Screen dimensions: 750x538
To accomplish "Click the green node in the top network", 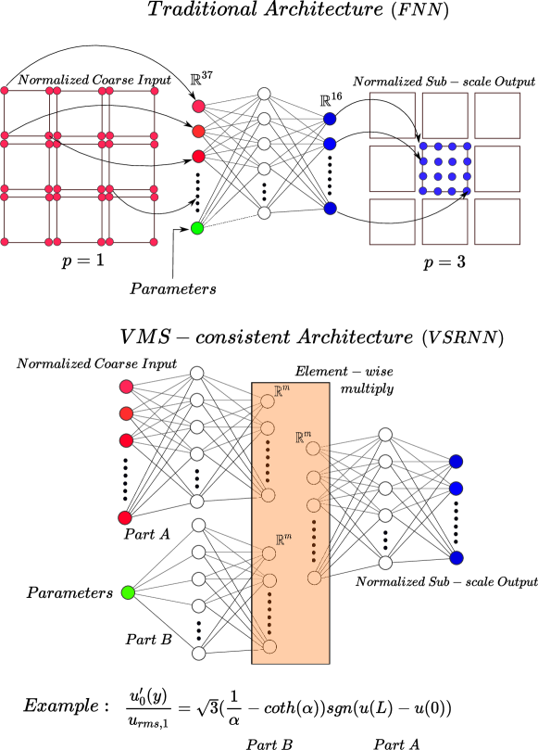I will [197, 228].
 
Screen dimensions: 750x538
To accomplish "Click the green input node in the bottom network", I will [128, 592].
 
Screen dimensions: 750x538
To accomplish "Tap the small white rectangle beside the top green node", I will [231, 221].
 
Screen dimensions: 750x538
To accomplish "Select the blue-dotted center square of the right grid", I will [445, 168].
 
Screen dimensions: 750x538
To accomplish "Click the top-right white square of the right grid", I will [497, 115].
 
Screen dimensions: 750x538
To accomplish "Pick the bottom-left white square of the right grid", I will [392, 222].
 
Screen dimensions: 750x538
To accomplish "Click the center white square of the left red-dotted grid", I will [79, 166].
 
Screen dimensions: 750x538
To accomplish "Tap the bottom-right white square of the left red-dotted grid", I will [131, 220].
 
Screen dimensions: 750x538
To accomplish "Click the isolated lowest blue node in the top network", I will [331, 209].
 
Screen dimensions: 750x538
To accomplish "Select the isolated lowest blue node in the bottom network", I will [457, 558].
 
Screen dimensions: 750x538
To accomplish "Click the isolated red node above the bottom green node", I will [125, 518].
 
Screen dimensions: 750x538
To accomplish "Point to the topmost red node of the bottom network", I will [126, 387].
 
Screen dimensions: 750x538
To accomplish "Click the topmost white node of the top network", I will [264, 94].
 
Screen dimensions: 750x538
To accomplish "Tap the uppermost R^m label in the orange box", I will [282, 392].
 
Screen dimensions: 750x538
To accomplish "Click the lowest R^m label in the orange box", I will [283, 540].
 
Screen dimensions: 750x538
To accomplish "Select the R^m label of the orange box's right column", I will [303, 438].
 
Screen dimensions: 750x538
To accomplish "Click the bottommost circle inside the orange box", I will [269, 647].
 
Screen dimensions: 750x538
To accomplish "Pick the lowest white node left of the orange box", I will [198, 654].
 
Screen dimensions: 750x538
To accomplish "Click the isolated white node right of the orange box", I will [385, 563].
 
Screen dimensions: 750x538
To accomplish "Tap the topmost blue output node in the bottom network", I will [457, 462].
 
